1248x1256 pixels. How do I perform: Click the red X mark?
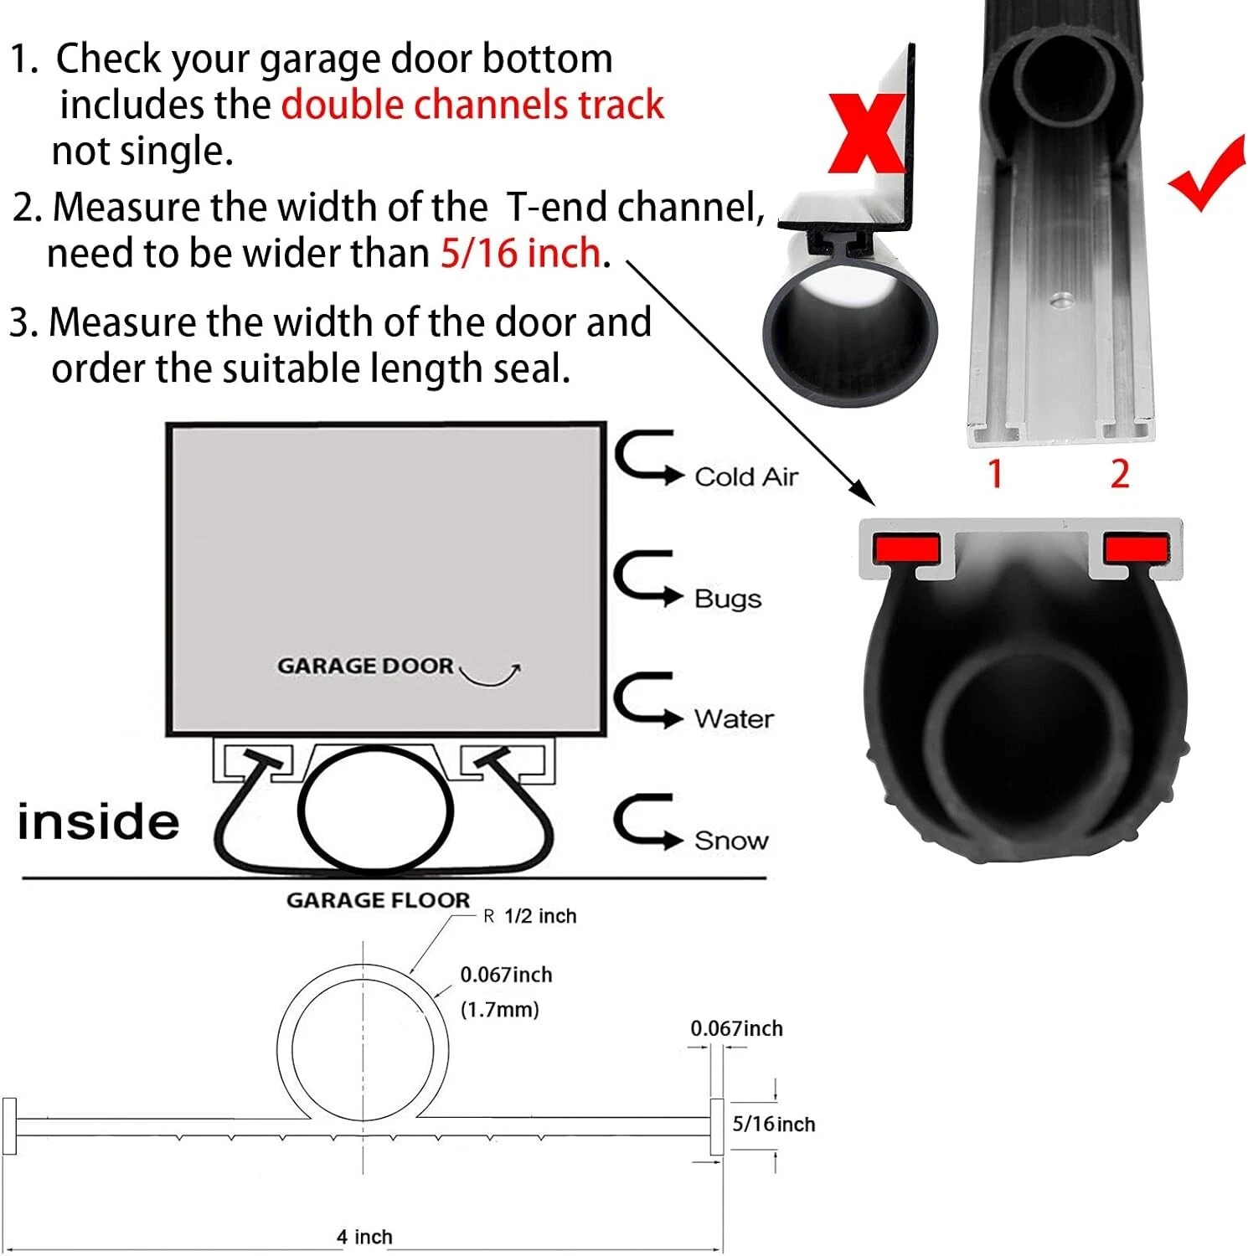coord(867,134)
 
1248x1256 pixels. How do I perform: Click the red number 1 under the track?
coord(995,474)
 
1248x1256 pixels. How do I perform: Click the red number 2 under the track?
coord(1120,474)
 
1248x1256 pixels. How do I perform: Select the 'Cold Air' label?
coord(745,476)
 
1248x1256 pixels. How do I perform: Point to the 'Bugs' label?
coord(727,599)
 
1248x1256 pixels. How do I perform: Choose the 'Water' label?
coord(733,718)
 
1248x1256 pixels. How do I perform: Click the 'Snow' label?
coord(730,840)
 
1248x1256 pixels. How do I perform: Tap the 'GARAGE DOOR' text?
coord(365,666)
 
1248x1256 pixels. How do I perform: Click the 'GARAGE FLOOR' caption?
coord(378,900)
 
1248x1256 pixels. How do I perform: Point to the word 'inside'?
coord(98,821)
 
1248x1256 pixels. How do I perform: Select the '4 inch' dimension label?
coord(364,1237)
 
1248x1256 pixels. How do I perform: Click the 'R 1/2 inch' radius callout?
coord(530,916)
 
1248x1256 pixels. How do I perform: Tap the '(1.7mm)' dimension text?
coord(499,1009)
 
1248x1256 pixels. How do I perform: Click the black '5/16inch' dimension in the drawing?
coord(773,1124)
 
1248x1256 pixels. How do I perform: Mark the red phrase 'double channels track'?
coord(472,106)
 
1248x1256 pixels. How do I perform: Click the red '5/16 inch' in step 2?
coord(520,253)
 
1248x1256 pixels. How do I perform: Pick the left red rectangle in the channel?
coord(905,548)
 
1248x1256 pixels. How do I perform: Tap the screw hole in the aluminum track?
coord(1062,299)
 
